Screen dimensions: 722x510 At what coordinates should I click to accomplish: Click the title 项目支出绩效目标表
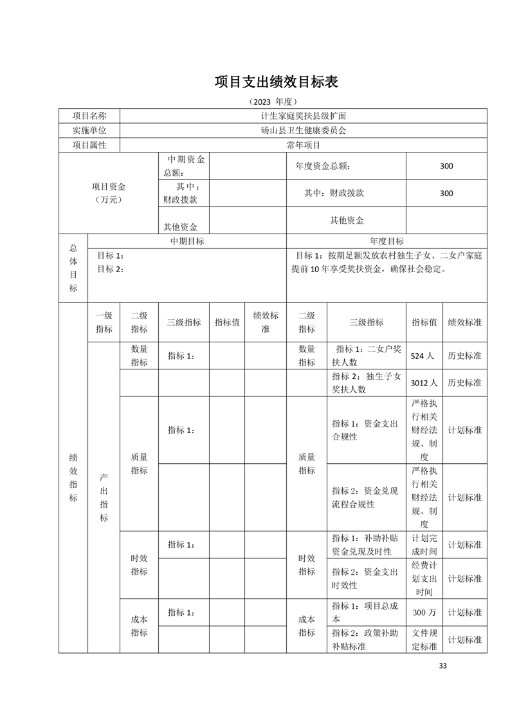276,82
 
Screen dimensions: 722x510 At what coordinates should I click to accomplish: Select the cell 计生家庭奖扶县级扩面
303,116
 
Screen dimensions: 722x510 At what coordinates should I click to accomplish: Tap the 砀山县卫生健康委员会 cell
303,130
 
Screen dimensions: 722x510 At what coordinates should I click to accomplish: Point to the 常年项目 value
303,145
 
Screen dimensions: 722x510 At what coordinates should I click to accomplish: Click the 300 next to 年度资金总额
446,166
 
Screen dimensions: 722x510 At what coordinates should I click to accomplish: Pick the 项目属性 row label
89,145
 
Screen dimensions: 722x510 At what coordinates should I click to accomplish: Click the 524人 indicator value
424,355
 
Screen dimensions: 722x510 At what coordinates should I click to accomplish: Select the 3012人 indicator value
424,382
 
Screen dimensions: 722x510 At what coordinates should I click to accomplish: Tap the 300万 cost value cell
424,613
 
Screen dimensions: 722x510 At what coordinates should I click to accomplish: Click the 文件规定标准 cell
424,640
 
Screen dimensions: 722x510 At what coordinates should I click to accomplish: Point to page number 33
442,665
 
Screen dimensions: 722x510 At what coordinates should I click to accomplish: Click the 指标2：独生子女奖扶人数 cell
367,382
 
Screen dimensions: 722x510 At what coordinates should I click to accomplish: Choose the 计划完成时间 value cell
424,544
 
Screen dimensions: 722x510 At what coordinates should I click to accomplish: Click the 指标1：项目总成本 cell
367,613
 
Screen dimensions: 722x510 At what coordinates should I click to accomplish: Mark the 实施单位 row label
89,130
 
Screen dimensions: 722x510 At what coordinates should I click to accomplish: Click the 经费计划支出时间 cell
424,579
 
